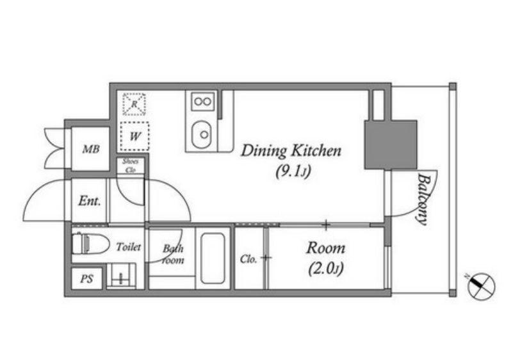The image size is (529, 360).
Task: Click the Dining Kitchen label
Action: pyautogui.click(x=291, y=151)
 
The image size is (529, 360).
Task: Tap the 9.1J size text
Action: pyautogui.click(x=293, y=172)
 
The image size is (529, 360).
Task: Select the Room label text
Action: pyautogui.click(x=325, y=248)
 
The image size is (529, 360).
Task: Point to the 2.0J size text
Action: pyautogui.click(x=325, y=269)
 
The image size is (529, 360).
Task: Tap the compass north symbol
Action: pyautogui.click(x=481, y=286)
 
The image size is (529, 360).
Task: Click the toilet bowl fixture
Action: pyautogui.click(x=90, y=243)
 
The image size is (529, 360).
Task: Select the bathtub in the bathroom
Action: pyautogui.click(x=213, y=258)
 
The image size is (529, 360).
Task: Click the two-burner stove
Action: pyautogui.click(x=202, y=101)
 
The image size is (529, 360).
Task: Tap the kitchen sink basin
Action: pyautogui.click(x=201, y=134)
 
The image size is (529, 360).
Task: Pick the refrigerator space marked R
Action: pyautogui.click(x=134, y=104)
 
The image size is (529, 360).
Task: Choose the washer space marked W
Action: pyautogui.click(x=134, y=136)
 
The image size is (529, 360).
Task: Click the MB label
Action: pyautogui.click(x=91, y=149)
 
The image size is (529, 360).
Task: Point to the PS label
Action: pyautogui.click(x=86, y=279)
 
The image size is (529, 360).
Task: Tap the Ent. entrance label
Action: pyautogui.click(x=90, y=201)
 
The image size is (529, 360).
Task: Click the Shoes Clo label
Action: pyautogui.click(x=130, y=166)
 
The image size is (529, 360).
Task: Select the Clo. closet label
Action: pyautogui.click(x=248, y=259)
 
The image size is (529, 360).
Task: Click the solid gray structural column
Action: pyautogui.click(x=391, y=144)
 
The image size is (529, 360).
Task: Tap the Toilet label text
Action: pyautogui.click(x=129, y=247)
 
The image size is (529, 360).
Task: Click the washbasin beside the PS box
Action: pyautogui.click(x=121, y=276)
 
